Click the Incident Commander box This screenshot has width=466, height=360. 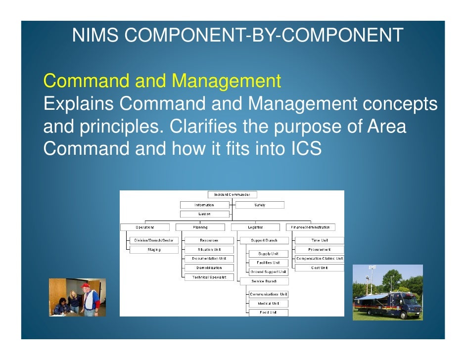(x=232, y=195)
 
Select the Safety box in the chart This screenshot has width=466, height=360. (x=260, y=205)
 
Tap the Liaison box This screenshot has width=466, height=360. (x=205, y=214)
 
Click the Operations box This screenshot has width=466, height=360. (x=145, y=227)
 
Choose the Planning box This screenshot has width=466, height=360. (x=200, y=227)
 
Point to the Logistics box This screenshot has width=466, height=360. (x=255, y=227)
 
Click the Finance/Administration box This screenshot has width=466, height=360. (x=310, y=227)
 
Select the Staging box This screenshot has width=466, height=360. (x=153, y=250)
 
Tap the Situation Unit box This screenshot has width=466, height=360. (x=209, y=250)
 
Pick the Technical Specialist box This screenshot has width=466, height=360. (x=209, y=277)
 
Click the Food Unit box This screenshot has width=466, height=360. (x=268, y=313)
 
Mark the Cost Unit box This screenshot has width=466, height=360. (x=319, y=268)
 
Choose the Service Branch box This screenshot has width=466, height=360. (x=264, y=281)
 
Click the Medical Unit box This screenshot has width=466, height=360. (x=268, y=304)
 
